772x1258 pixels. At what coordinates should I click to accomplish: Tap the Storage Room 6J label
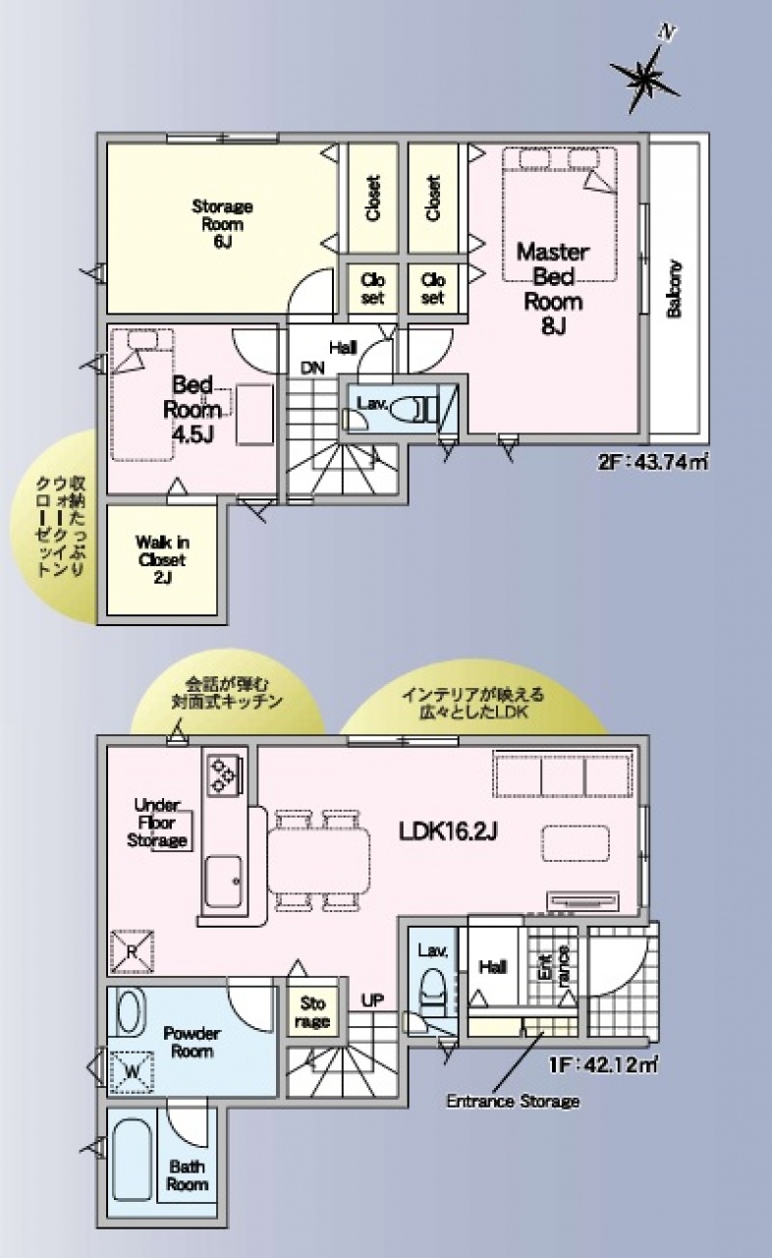tap(222, 223)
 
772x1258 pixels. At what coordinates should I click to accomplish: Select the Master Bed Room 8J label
tap(553, 289)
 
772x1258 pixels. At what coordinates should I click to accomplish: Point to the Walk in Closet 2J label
tap(162, 560)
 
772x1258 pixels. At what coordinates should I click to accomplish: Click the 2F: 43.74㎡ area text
tap(653, 463)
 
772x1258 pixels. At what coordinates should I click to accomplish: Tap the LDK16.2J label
tap(447, 831)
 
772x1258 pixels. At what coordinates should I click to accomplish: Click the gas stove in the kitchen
tap(224, 775)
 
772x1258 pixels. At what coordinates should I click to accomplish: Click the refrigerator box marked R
tap(133, 951)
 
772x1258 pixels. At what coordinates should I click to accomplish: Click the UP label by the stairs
tap(372, 1000)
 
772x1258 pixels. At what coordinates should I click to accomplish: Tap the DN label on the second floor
tap(312, 369)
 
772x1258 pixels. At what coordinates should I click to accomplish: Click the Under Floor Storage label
tap(156, 823)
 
